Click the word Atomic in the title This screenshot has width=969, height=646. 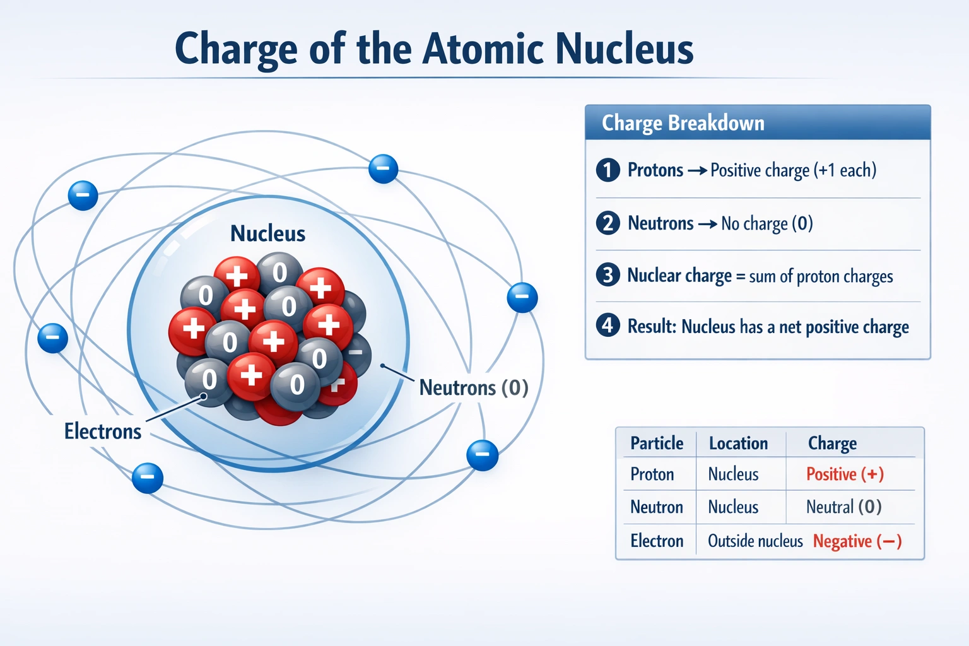483,49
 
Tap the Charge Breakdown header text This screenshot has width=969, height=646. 683,122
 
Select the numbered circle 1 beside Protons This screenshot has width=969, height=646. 608,170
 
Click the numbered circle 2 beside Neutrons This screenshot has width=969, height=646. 608,223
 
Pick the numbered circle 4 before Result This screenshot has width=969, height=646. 608,326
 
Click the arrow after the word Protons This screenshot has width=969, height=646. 696,170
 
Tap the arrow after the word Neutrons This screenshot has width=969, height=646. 707,223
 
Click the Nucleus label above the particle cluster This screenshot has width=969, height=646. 267,233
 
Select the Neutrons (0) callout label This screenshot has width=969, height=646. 474,387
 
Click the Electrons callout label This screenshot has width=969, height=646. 103,432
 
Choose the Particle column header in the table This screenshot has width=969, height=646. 657,443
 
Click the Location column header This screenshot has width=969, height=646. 738,443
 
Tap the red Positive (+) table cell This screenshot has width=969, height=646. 845,474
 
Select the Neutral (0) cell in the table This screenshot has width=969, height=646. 843,507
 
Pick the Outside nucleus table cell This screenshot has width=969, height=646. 755,541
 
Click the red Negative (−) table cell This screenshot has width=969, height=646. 857,541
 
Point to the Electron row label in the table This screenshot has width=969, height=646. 657,541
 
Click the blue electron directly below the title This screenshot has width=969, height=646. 383,168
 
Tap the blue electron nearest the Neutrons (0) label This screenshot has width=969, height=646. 483,455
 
